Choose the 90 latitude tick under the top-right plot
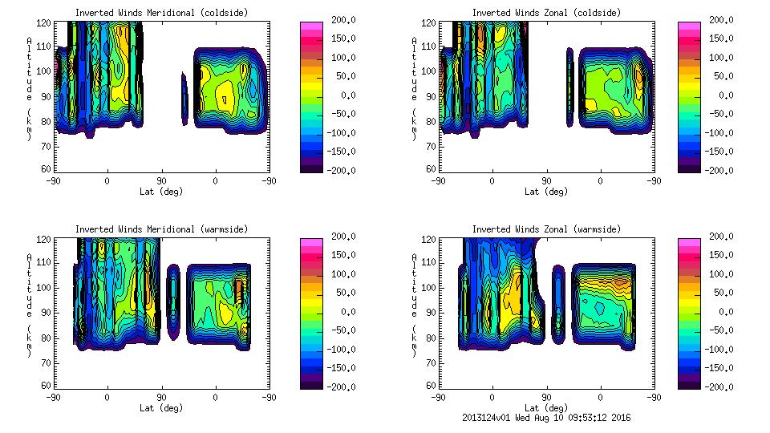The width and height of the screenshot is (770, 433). tap(546, 180)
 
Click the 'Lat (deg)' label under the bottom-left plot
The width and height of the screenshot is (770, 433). tap(161, 407)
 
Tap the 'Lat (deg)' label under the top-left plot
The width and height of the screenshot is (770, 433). tap(161, 192)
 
